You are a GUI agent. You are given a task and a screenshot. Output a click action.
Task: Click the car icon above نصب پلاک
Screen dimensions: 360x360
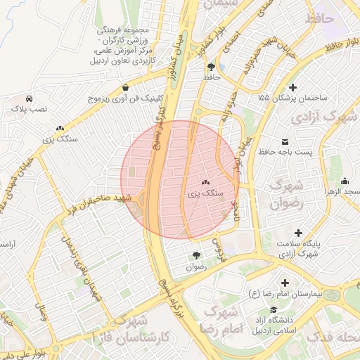pyautogui.click(x=29, y=98)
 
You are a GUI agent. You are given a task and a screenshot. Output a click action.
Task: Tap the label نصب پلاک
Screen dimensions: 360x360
pyautogui.click(x=28, y=110)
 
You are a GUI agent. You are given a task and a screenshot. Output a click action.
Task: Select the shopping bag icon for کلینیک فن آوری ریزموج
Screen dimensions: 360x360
pyautogui.click(x=125, y=88)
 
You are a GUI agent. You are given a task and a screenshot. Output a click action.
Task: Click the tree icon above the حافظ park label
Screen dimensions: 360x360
pyautogui.click(x=212, y=67)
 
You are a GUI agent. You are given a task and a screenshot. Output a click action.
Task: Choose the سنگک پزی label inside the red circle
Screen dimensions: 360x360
pyautogui.click(x=206, y=191)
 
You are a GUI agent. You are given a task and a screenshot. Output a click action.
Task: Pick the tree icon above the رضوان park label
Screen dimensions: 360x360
pyautogui.click(x=196, y=255)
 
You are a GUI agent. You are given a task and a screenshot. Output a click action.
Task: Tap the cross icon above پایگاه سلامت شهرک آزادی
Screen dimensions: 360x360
pyautogui.click(x=299, y=232)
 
